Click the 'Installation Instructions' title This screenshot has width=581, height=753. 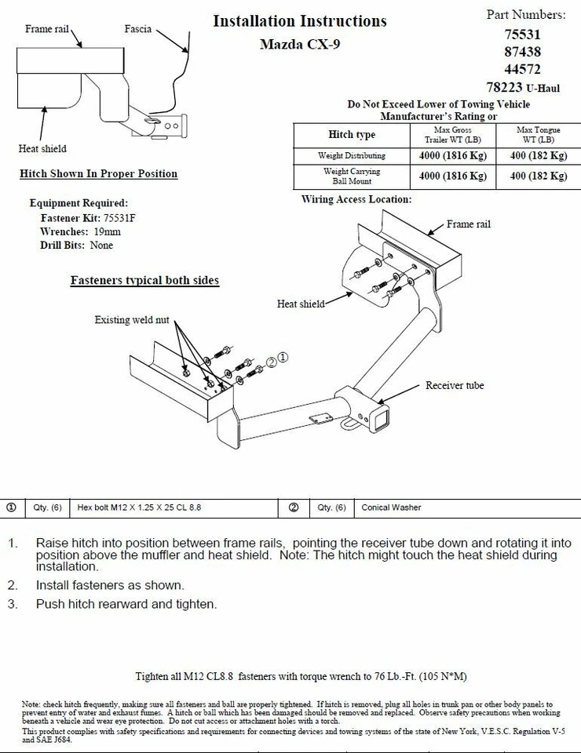pos(300,21)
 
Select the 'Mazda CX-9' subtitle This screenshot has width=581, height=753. pos(300,44)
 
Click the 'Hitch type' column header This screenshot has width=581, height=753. pos(351,134)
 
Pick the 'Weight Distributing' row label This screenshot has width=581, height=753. pos(351,155)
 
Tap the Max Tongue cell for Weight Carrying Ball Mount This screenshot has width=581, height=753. pos(538,176)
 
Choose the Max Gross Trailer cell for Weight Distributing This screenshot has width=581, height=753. pos(453,155)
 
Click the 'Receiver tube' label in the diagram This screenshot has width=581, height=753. pos(455,385)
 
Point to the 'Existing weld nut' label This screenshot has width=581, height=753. pos(132,319)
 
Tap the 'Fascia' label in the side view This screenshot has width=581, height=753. pos(137,29)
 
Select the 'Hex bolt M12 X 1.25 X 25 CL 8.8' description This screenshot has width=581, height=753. pos(139,507)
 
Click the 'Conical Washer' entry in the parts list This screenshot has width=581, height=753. pos(391,507)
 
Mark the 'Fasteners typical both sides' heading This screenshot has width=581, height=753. pos(144,280)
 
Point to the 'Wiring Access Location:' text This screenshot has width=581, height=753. pos(356,199)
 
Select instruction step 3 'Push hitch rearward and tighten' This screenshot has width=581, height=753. pos(126,604)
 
